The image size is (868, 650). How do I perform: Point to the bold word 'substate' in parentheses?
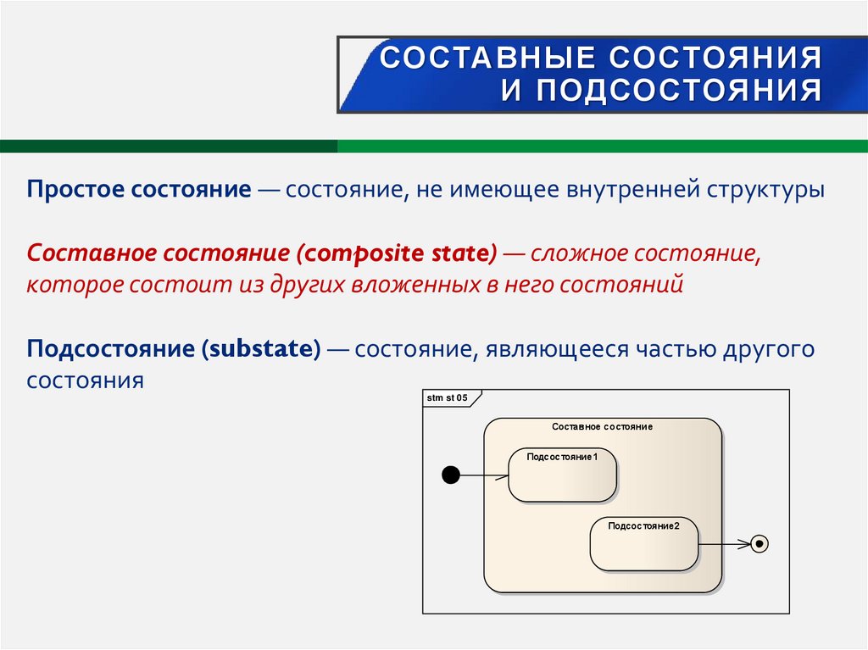click(x=261, y=349)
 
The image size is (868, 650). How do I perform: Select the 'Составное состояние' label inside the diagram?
click(x=602, y=426)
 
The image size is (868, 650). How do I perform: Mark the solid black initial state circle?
click(x=452, y=475)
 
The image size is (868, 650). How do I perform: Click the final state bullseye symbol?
click(x=759, y=544)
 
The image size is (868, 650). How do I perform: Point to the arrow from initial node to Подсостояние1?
click(x=483, y=475)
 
